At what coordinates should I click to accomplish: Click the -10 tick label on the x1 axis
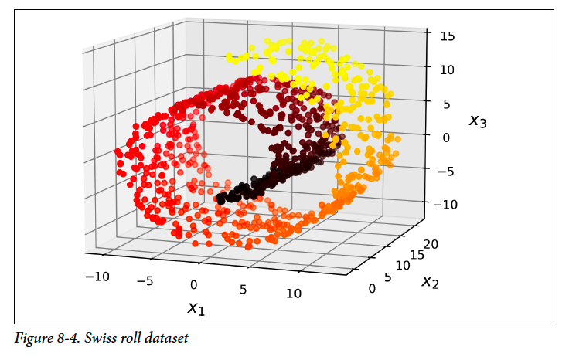(x=97, y=277)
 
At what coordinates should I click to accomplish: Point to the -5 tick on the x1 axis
(x=145, y=281)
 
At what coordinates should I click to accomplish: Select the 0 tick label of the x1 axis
(x=194, y=285)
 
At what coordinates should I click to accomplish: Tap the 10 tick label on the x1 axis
(x=294, y=294)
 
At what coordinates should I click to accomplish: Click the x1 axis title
(x=196, y=308)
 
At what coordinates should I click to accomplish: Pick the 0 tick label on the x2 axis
(x=372, y=289)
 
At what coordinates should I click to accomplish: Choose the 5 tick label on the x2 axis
(x=388, y=277)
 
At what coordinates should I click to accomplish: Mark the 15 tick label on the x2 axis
(x=417, y=255)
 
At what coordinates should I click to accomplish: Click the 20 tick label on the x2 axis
(x=431, y=244)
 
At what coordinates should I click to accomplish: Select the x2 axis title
(x=431, y=281)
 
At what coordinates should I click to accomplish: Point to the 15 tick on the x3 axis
(x=447, y=36)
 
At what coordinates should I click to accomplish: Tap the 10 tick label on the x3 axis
(x=447, y=70)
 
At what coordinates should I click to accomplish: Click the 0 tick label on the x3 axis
(x=446, y=138)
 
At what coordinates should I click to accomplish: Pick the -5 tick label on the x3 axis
(x=445, y=172)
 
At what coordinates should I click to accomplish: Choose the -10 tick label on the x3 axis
(x=445, y=205)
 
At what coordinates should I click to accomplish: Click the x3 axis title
(x=478, y=121)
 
